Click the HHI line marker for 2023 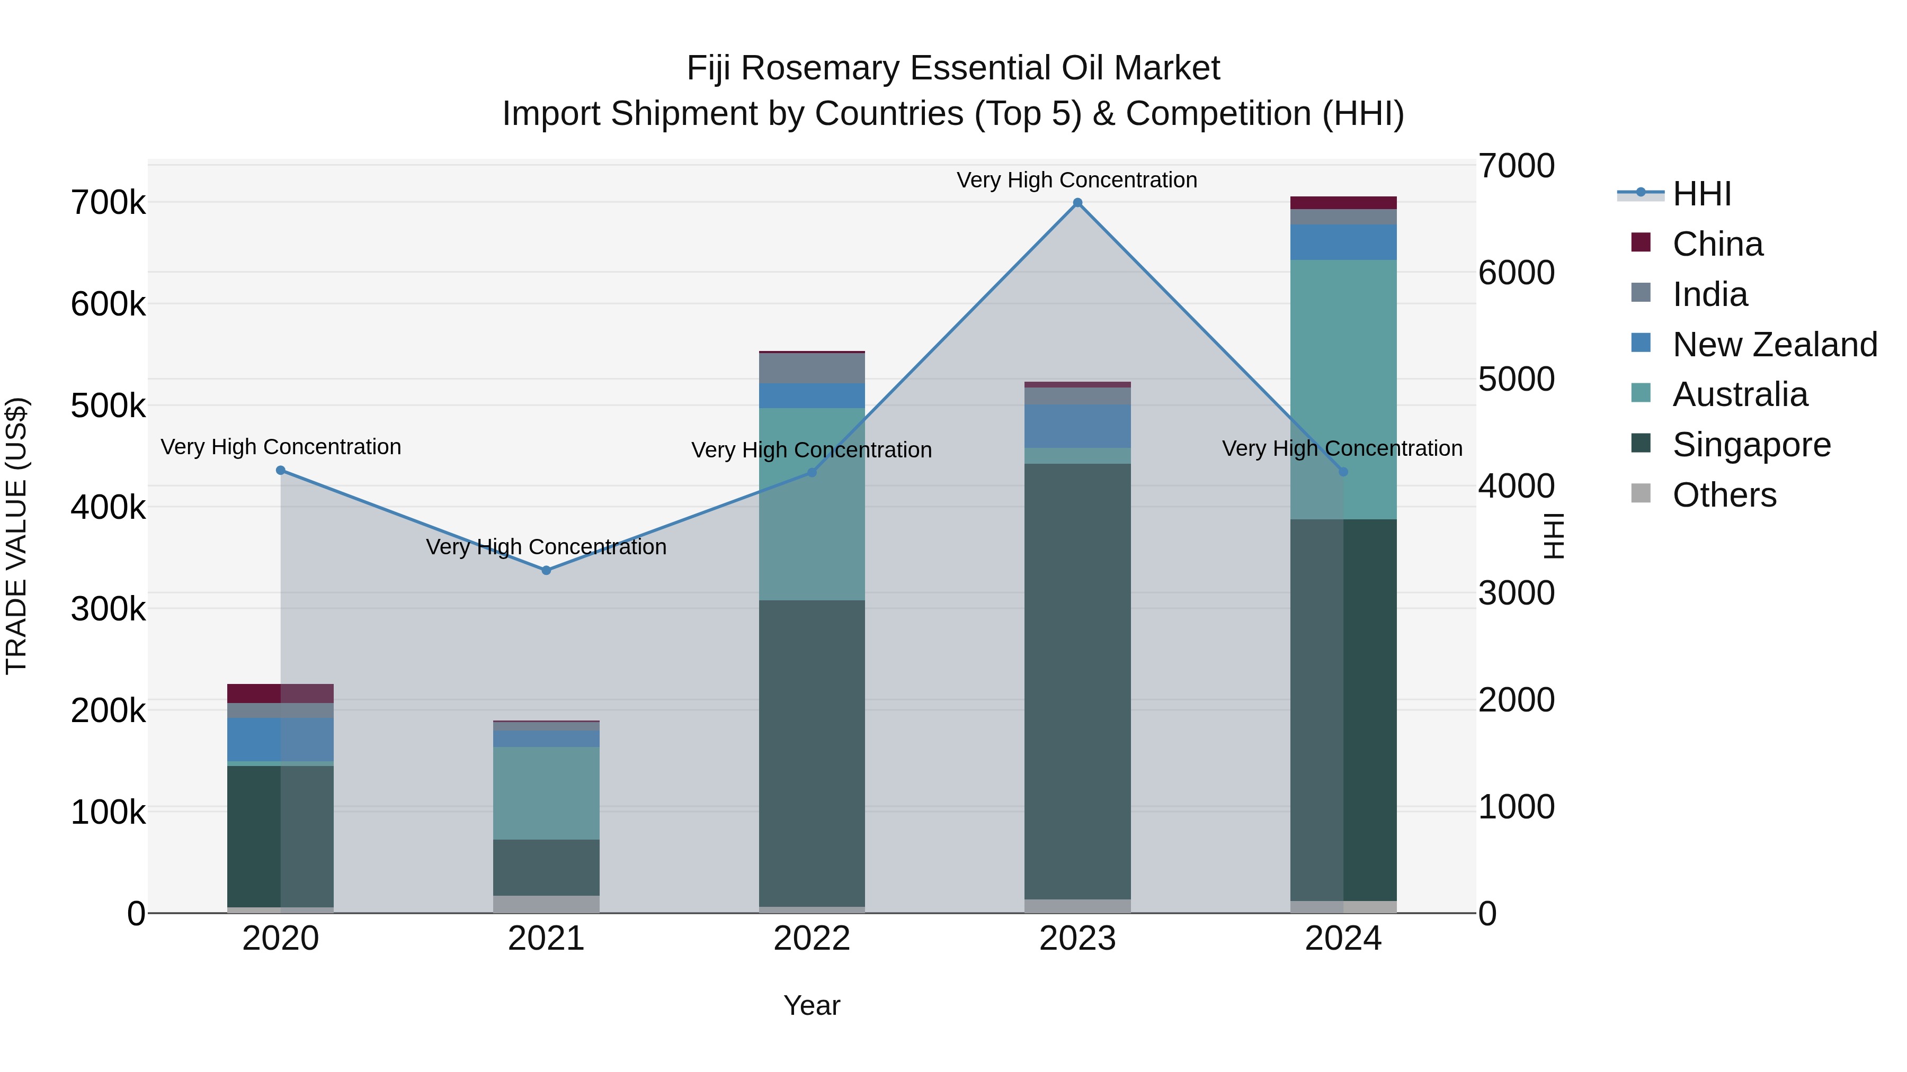coord(1077,203)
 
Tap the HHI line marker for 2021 coord(546,570)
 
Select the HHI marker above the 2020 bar coord(281,471)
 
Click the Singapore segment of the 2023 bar coord(1077,681)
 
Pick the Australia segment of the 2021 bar coord(546,793)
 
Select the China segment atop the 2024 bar coord(1343,203)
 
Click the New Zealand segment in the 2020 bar coord(281,739)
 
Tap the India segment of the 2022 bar coord(812,368)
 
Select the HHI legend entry coord(1701,194)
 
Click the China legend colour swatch coord(1641,242)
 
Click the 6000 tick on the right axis coord(1516,273)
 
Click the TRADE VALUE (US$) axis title coord(16,536)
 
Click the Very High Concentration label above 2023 coord(1076,180)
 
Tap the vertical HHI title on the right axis coord(1553,536)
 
